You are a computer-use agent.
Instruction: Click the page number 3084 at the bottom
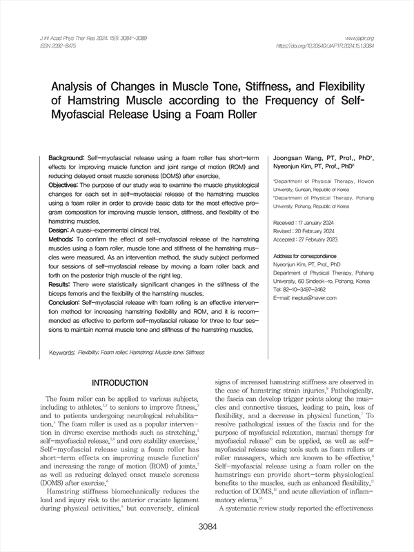207,528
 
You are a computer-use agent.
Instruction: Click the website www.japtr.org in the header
360,37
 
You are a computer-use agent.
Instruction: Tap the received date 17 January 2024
319,224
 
